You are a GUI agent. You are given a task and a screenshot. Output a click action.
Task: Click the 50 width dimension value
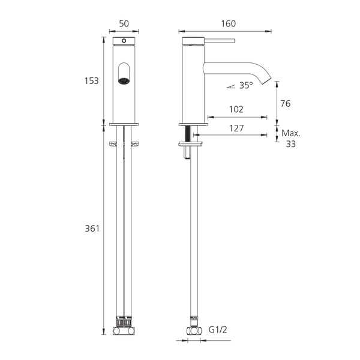click(124, 23)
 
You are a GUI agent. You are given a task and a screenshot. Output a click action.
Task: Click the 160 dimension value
click(228, 23)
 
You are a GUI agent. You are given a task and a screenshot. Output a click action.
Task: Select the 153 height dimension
click(91, 81)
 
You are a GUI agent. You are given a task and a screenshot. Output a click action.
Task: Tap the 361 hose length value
click(92, 229)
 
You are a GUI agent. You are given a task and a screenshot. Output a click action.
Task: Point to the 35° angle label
click(246, 85)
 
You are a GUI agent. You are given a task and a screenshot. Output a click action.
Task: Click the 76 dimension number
click(286, 104)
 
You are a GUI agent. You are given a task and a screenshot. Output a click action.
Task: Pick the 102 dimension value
click(236, 109)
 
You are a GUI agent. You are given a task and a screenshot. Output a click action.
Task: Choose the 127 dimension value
click(236, 128)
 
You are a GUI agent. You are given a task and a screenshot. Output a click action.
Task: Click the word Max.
click(291, 133)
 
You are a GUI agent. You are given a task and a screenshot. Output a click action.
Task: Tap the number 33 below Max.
click(290, 144)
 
